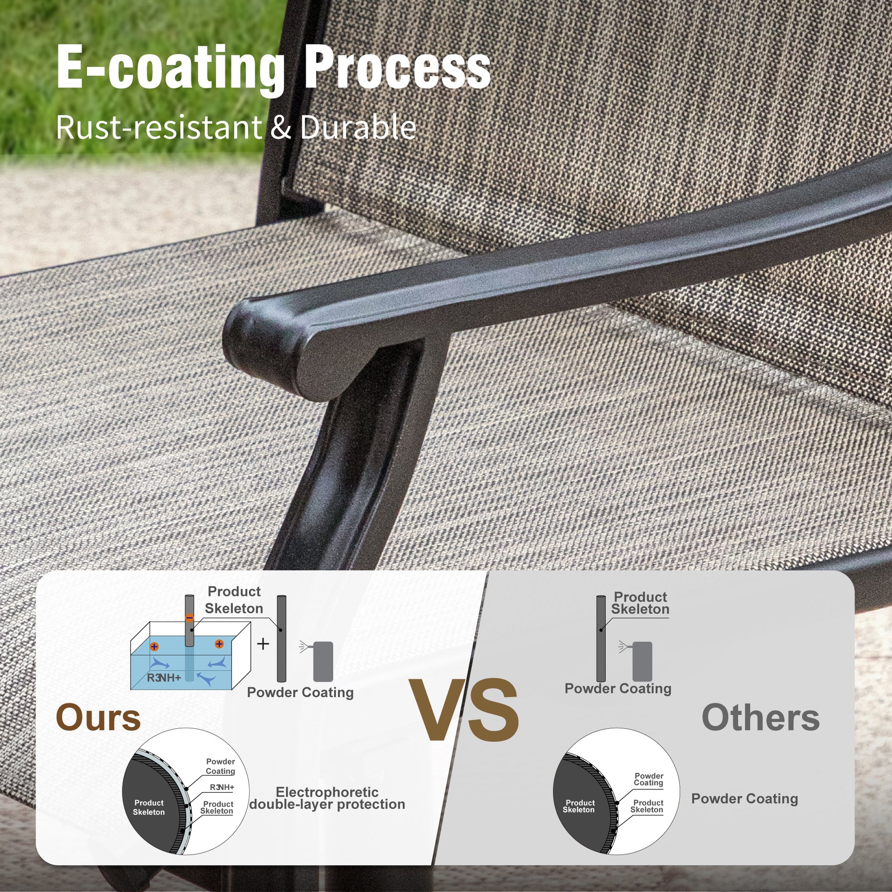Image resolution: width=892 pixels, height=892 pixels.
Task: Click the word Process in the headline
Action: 397,67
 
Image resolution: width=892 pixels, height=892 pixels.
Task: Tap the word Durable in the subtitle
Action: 358,127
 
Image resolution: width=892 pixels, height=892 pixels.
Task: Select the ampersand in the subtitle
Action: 281,128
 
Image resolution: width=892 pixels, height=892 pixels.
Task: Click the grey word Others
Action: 760,717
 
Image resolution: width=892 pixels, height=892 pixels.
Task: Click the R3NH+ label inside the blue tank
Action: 164,678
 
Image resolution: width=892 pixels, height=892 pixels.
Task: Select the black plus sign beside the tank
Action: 263,644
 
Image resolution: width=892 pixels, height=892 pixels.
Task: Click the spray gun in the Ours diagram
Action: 319,661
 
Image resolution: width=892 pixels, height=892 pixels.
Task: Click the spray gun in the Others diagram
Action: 637,661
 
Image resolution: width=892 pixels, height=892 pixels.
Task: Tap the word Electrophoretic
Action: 327,792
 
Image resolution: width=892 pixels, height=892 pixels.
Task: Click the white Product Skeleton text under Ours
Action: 149,808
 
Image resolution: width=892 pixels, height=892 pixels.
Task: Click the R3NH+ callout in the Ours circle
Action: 222,787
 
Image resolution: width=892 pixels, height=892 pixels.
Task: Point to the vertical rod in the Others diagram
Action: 600,639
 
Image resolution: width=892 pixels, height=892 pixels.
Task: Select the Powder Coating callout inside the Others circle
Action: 648,779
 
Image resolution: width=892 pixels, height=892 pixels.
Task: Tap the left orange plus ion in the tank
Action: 154,646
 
